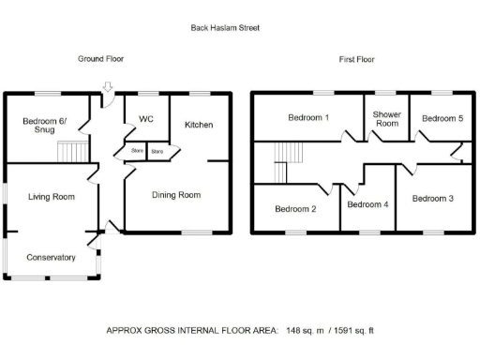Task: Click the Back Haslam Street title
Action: click(x=225, y=28)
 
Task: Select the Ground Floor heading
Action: click(x=100, y=58)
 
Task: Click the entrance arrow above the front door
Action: click(x=107, y=87)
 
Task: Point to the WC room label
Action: click(x=145, y=119)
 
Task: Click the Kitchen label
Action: click(x=198, y=125)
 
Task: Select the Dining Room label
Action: click(x=176, y=195)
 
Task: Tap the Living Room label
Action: click(x=51, y=197)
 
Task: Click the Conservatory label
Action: click(x=51, y=257)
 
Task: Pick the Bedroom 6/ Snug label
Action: click(x=38, y=125)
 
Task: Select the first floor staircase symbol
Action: click(x=287, y=160)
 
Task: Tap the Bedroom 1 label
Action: click(x=307, y=118)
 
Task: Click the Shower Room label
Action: click(x=386, y=118)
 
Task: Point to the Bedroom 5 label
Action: click(x=442, y=119)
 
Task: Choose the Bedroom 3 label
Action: click(x=432, y=198)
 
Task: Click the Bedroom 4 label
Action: click(x=367, y=203)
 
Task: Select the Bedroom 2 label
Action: click(x=292, y=209)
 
